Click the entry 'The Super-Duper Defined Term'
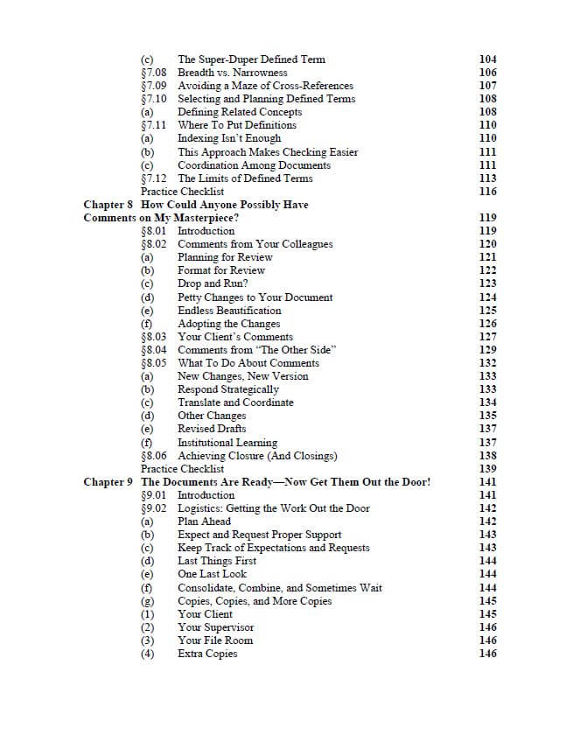pos(251,59)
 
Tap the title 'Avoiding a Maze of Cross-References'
pos(265,86)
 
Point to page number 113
pos(488,178)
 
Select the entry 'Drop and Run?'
pos(213,283)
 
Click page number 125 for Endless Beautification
pos(488,311)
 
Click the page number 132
pos(488,363)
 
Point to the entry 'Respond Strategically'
pos(228,389)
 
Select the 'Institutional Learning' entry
pos(227,443)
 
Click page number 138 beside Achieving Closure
pos(488,456)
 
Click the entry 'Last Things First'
pos(217,561)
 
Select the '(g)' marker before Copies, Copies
pos(148,601)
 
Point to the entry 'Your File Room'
pos(215,640)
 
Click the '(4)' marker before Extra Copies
pos(148,654)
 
